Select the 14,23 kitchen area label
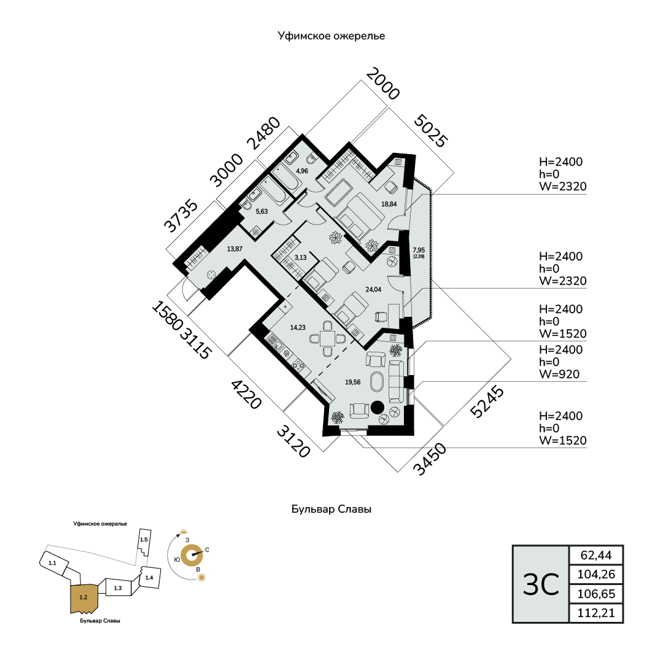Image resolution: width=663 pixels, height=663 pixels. click(x=298, y=328)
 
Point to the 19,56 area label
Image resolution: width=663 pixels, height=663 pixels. click(x=352, y=382)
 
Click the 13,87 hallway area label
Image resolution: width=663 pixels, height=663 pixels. click(x=235, y=249)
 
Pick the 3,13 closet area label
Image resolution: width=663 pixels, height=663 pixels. click(x=300, y=258)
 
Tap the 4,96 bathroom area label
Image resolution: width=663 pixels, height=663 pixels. click(x=301, y=171)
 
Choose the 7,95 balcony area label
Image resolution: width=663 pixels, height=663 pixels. click(x=418, y=250)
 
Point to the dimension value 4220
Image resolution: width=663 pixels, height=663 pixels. click(x=246, y=394)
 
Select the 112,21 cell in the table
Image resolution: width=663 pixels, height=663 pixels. click(x=596, y=613)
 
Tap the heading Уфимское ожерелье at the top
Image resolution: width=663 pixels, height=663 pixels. click(x=331, y=36)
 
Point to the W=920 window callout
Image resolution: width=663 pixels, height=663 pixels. click(x=559, y=374)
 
